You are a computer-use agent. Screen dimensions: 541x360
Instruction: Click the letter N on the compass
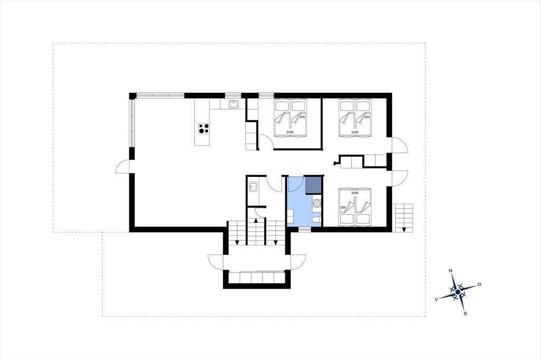point(451,271)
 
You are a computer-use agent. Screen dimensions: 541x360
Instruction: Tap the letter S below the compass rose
point(465,314)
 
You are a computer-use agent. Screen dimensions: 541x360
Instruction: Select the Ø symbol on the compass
point(479,285)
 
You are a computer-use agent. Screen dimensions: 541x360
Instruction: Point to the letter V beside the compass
point(436,299)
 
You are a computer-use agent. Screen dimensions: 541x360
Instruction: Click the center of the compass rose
point(458,292)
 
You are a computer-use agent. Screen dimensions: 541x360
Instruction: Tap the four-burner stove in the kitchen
point(203,128)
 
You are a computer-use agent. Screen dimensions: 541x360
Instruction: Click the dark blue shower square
point(313,185)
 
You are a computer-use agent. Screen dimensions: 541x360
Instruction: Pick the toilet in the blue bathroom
point(316,220)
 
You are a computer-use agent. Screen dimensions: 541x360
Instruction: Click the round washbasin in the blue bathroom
point(316,203)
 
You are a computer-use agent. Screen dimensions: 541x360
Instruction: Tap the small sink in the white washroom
point(253,186)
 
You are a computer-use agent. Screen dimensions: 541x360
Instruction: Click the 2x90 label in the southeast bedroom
point(355,193)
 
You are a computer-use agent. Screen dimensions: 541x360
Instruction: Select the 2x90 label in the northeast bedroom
point(355,132)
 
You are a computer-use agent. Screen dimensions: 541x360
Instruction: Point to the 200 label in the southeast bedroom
point(343,207)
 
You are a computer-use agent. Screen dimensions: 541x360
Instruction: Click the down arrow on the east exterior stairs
point(404,229)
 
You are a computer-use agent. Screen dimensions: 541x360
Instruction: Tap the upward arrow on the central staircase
point(256,220)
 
